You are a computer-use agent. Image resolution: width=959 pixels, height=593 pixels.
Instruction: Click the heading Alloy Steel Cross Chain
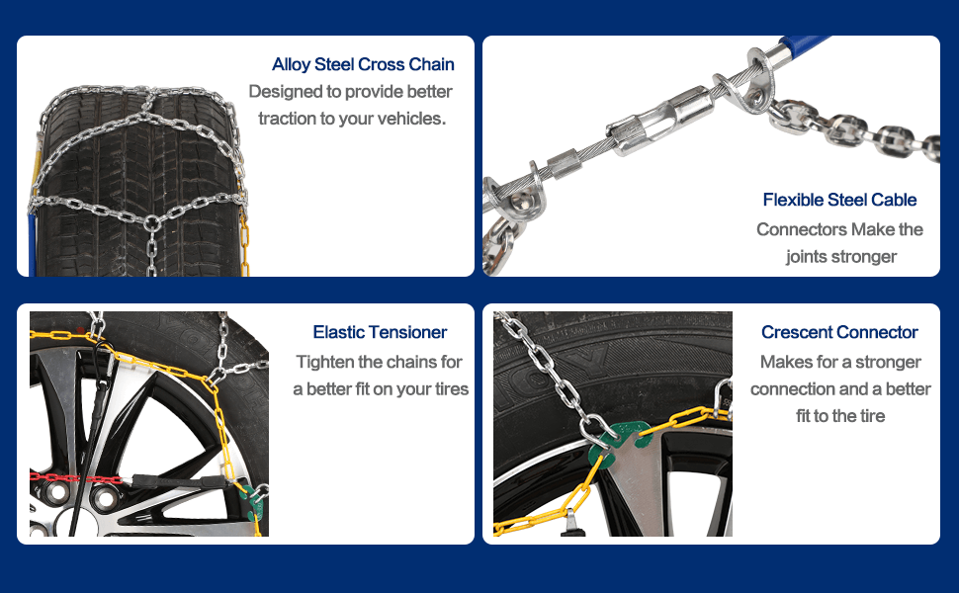(363, 64)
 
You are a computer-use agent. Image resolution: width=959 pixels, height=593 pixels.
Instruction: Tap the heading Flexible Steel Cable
(839, 200)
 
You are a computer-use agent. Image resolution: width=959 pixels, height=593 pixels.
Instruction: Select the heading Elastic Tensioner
(380, 332)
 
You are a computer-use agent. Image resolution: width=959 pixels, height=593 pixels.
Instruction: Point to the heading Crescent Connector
(839, 332)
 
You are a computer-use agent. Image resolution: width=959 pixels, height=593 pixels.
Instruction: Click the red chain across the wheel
(76, 476)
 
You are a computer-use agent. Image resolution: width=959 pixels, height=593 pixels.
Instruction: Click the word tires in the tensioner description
(452, 388)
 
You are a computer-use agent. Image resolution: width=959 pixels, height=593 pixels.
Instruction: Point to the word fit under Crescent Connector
(803, 416)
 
